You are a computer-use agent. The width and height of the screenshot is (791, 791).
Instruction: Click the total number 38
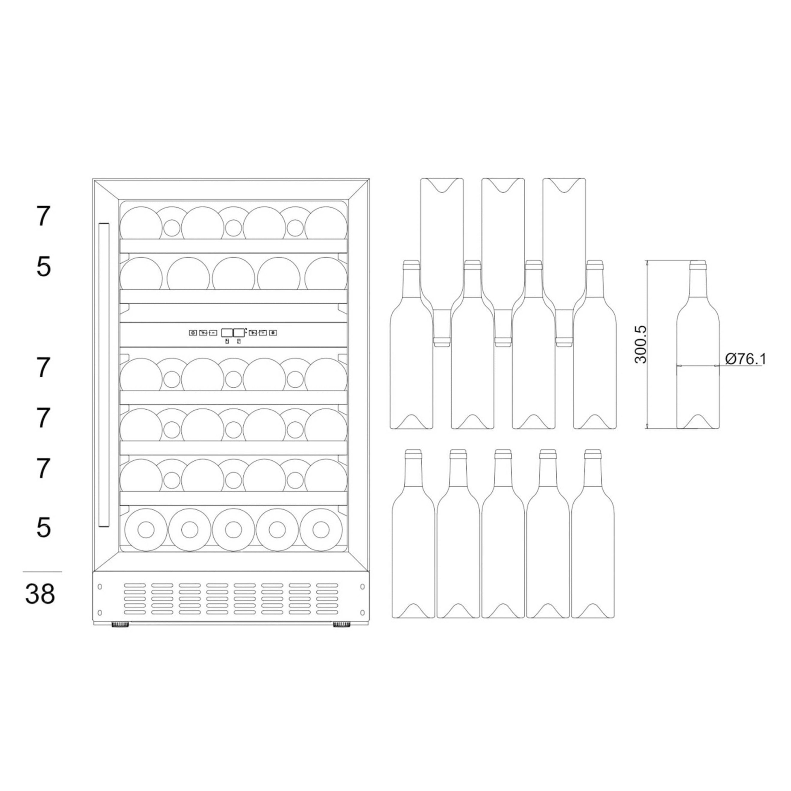[x=40, y=594]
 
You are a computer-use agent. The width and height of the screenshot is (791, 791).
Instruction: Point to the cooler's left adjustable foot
[x=120, y=625]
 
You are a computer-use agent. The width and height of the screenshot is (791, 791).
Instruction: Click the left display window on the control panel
[x=227, y=333]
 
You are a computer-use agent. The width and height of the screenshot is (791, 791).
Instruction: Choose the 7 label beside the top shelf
[x=43, y=217]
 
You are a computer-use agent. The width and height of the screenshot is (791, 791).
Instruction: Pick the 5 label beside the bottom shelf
[x=43, y=527]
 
